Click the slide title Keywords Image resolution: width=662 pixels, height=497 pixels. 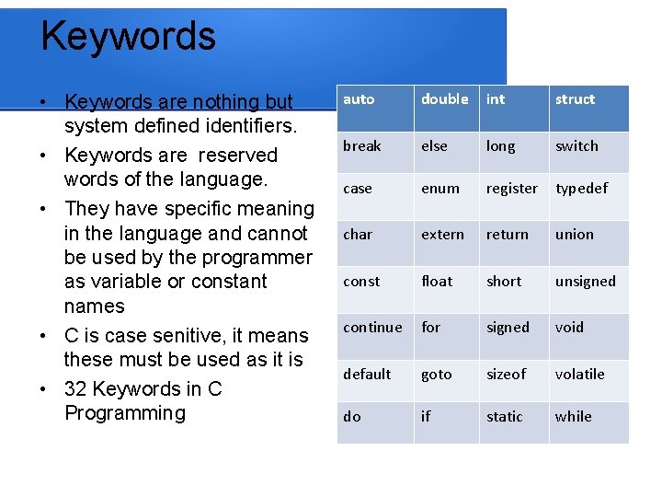[128, 37]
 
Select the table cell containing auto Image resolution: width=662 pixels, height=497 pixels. [359, 99]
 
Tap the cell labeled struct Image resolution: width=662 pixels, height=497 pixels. [575, 99]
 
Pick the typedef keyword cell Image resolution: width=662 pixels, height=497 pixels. [581, 189]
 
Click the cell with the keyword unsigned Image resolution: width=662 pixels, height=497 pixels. [585, 282]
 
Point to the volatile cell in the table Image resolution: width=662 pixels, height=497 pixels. [579, 375]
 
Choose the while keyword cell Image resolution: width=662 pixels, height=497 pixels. [573, 417]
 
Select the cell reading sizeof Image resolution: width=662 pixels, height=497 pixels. [506, 375]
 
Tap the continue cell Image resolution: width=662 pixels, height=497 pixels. [372, 328]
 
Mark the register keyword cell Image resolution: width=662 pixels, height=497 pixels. [511, 189]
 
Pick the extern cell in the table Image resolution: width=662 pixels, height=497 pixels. [442, 235]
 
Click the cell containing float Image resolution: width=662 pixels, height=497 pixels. [437, 282]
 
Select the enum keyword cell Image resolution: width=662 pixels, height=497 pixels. [439, 189]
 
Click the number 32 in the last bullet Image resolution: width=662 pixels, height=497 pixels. [75, 389]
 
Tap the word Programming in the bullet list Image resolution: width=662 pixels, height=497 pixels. [125, 413]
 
